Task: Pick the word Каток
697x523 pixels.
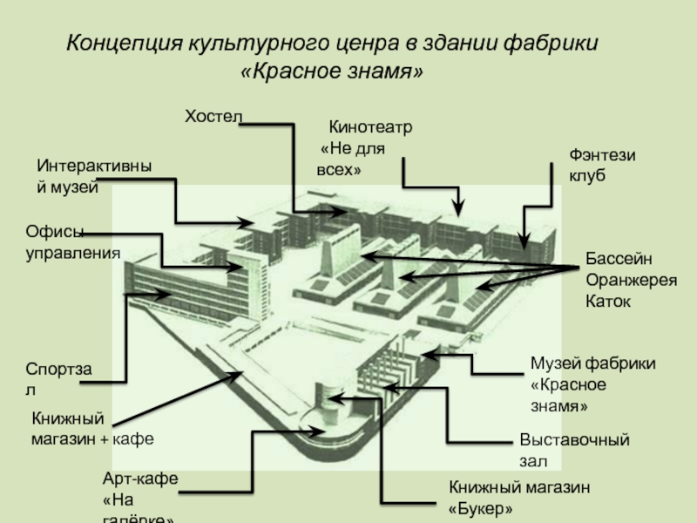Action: [x=608, y=302]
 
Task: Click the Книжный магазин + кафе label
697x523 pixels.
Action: [x=92, y=429]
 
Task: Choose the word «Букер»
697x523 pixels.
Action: [x=480, y=507]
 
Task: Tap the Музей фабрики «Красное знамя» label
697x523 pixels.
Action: [x=592, y=384]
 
